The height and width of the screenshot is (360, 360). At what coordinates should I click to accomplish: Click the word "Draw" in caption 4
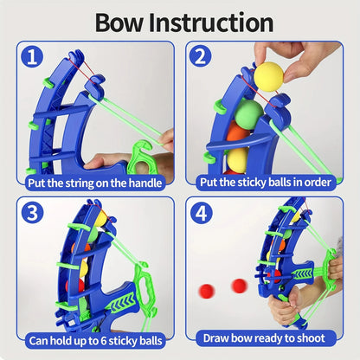click(x=220, y=338)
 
